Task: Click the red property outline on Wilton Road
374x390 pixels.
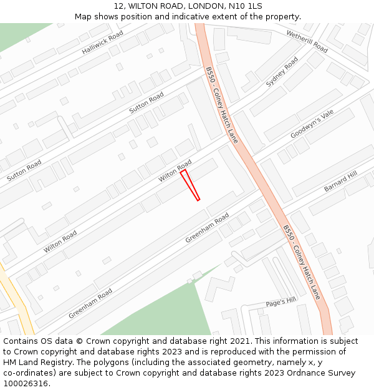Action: pyautogui.click(x=189, y=185)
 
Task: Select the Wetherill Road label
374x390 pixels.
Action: pyautogui.click(x=307, y=41)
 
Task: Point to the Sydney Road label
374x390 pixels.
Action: pyautogui.click(x=282, y=72)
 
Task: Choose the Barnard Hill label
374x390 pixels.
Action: pyautogui.click(x=340, y=182)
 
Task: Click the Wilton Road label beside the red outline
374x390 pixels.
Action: pyautogui.click(x=175, y=171)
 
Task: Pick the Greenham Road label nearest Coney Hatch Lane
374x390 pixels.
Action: pyautogui.click(x=207, y=228)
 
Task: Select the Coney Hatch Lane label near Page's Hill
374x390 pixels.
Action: pyautogui.click(x=302, y=262)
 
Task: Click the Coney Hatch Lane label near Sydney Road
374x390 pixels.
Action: pyautogui.click(x=221, y=105)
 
